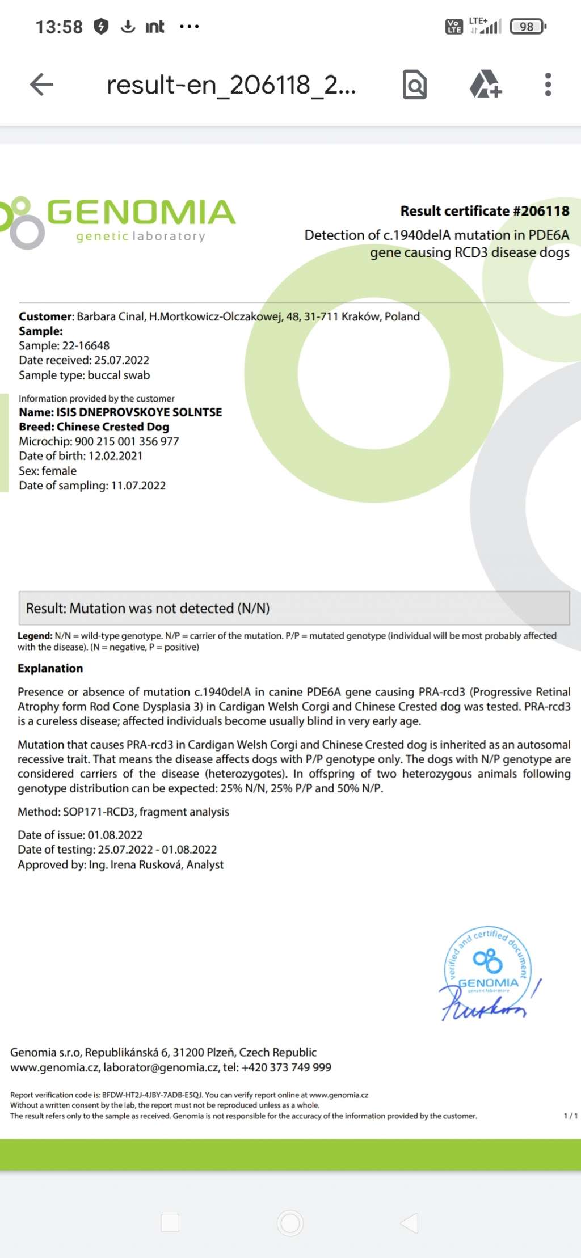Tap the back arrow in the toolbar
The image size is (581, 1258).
coord(41,85)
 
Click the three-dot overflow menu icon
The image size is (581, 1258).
coord(548,85)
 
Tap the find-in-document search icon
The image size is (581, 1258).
coord(415,85)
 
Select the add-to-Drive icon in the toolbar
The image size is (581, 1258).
coord(485,85)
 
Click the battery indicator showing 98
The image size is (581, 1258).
coord(528,27)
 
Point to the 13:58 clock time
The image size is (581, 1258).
coord(59,27)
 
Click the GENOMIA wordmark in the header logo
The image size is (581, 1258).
coord(141,212)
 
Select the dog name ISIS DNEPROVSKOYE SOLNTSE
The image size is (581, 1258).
coord(139,412)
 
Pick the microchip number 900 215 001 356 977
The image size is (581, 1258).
coord(127,441)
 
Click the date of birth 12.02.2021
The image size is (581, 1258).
coord(115,456)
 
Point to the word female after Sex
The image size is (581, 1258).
coord(59,471)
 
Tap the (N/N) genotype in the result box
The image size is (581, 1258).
coord(254,609)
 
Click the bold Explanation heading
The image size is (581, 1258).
coord(50,668)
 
